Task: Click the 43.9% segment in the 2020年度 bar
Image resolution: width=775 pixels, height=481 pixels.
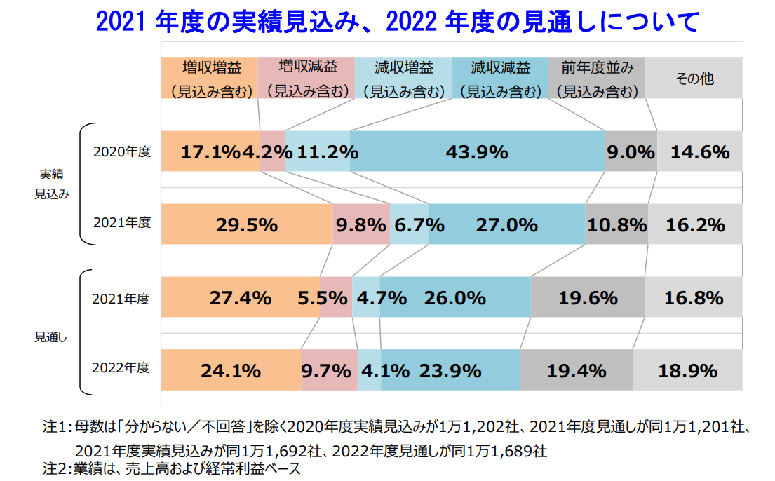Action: click(477, 151)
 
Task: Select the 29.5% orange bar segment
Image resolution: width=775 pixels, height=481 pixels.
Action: click(247, 225)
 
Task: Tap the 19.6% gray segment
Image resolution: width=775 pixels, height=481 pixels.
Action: click(588, 298)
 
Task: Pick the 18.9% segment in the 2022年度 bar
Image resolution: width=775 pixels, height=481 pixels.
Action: click(687, 370)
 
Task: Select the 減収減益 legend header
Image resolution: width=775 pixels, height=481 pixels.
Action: click(499, 78)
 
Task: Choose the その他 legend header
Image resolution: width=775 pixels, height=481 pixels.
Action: click(694, 78)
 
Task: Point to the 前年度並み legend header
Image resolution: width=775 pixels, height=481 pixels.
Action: click(596, 78)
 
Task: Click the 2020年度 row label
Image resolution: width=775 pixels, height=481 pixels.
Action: click(122, 151)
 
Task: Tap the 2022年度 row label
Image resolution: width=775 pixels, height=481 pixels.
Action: click(122, 367)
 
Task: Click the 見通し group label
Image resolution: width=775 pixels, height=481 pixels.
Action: click(51, 337)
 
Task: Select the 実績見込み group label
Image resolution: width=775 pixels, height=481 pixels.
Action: click(51, 183)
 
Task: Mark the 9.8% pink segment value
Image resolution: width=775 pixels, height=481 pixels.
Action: click(360, 225)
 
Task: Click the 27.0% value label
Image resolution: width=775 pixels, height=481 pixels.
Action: click(506, 225)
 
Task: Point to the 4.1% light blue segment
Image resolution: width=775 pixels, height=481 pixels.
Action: click(370, 370)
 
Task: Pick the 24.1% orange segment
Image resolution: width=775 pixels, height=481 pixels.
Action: click(231, 370)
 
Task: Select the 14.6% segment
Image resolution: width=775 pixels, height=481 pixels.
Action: click(699, 151)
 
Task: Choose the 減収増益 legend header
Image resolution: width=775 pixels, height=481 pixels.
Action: click(403, 78)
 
